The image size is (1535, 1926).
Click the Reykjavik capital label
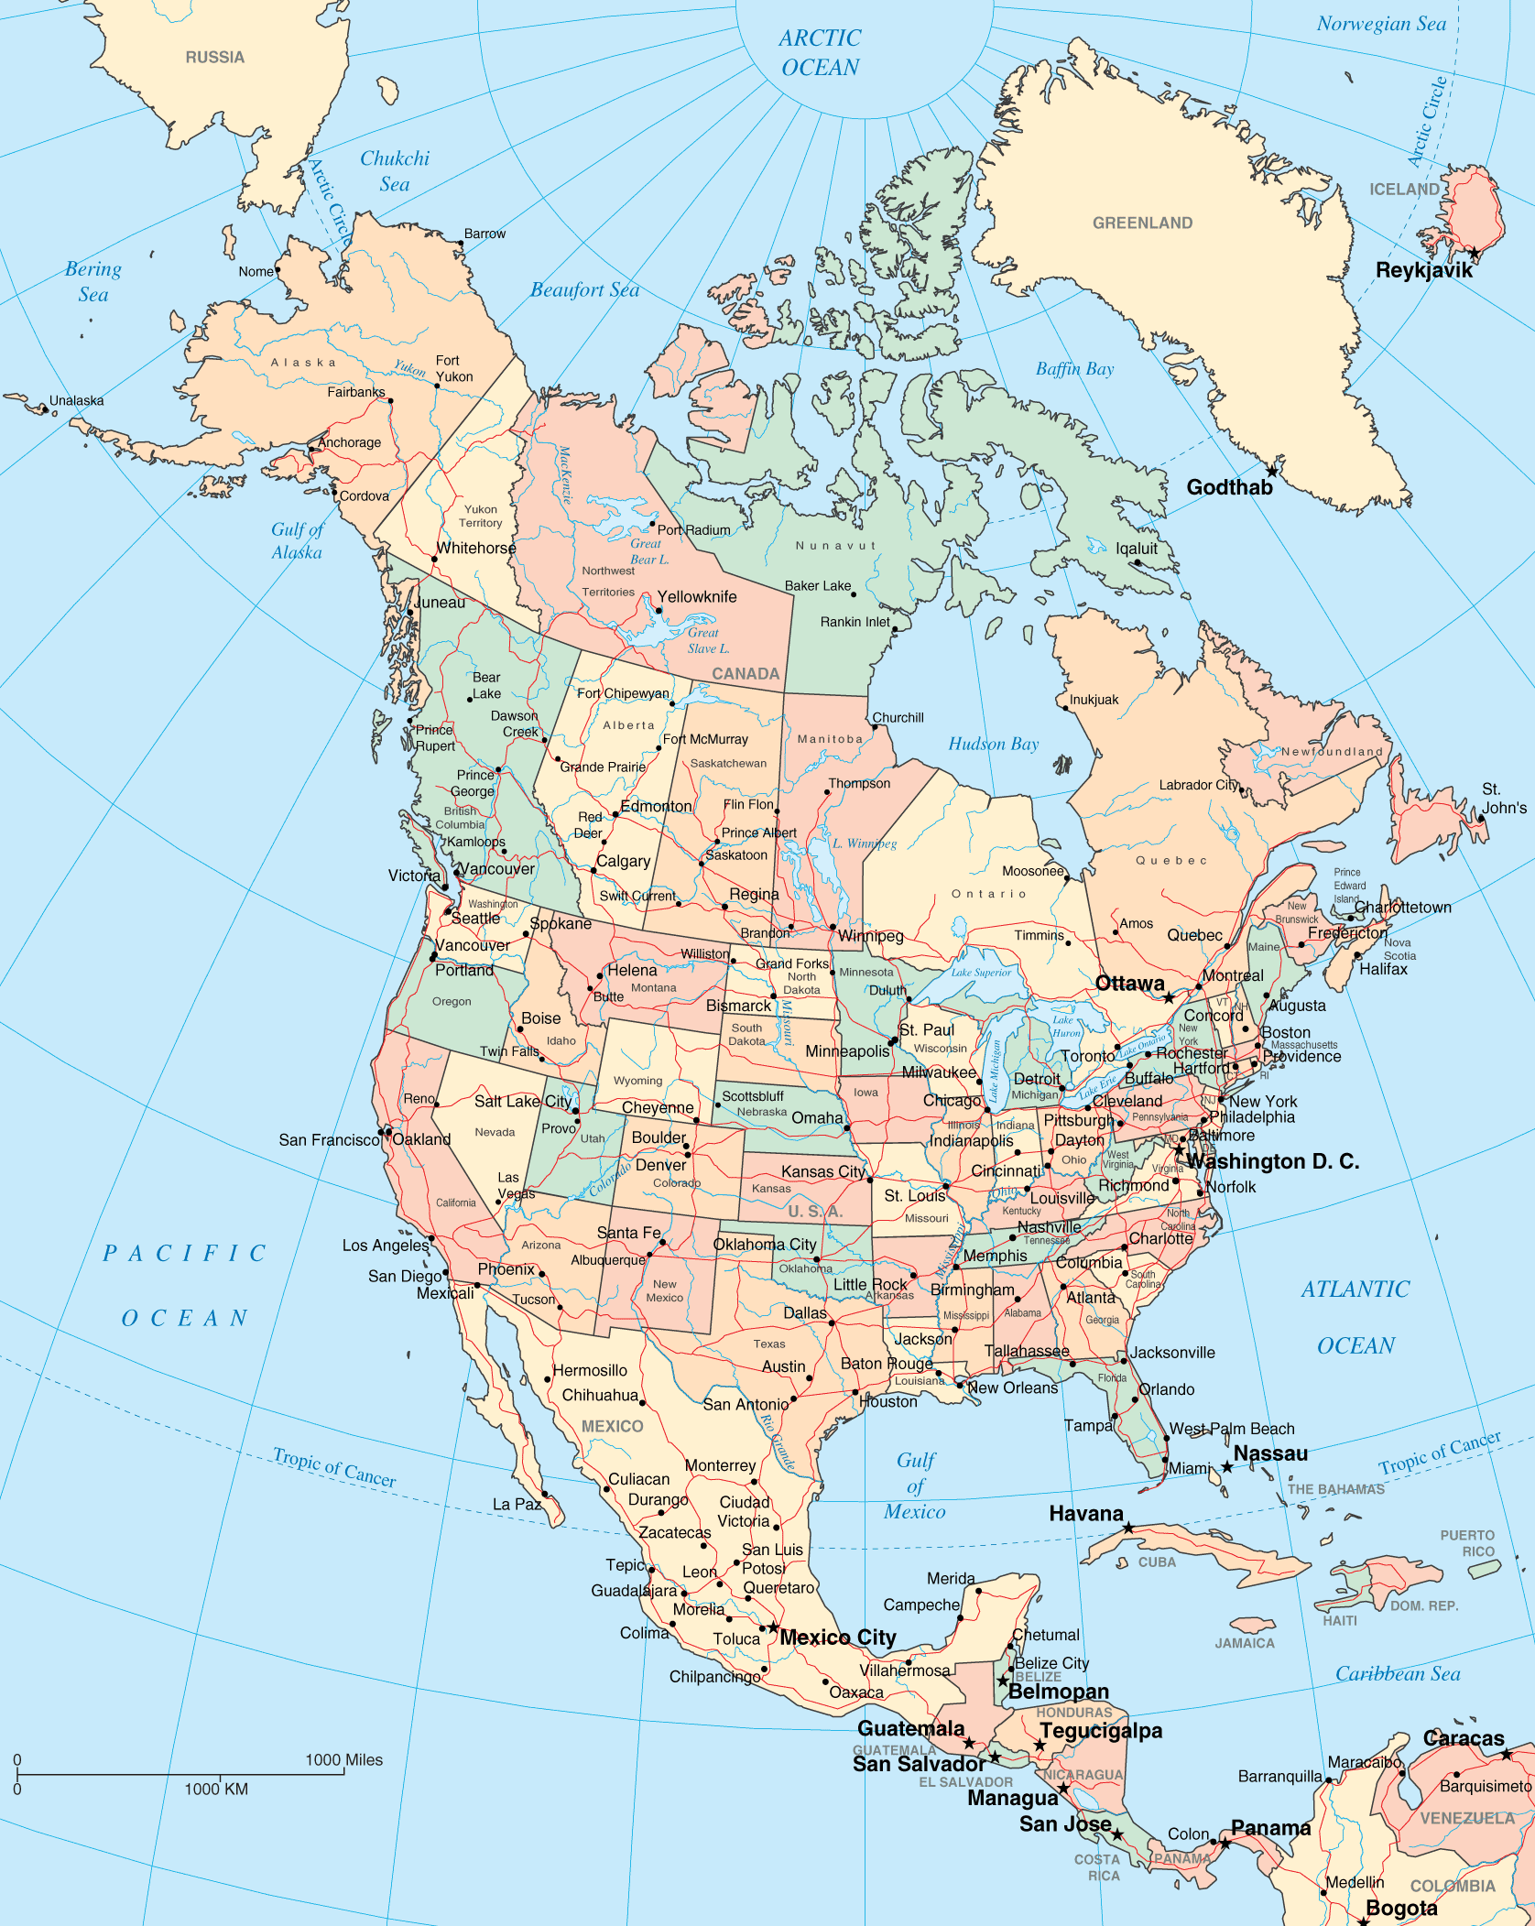(1424, 270)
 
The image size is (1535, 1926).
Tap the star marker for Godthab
(1271, 472)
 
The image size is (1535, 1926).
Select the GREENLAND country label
(1142, 223)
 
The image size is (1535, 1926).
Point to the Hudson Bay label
(994, 744)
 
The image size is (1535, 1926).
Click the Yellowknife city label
(696, 597)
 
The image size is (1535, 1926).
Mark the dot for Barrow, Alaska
(460, 244)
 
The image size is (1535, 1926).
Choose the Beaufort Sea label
(584, 290)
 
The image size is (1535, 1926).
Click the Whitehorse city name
(476, 549)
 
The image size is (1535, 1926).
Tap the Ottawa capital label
(1130, 984)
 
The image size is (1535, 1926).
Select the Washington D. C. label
(1272, 1161)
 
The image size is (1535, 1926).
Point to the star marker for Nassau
(1227, 1467)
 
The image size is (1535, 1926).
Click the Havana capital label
(1086, 1514)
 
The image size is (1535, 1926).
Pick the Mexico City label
(838, 1638)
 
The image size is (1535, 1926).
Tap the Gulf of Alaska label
(297, 540)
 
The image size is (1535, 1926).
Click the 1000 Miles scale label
(343, 1760)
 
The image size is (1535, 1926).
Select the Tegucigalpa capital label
(1101, 1731)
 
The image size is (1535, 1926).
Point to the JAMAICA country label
(1245, 1643)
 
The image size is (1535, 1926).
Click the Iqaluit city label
(1137, 549)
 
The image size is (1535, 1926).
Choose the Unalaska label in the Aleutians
(76, 401)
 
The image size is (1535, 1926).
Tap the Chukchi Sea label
(395, 170)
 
